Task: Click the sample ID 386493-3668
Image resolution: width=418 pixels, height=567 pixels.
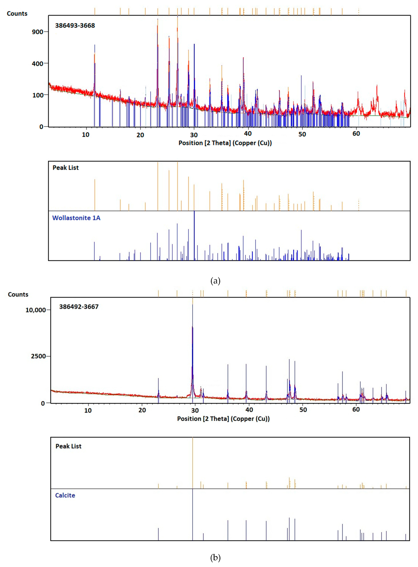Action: click(x=75, y=26)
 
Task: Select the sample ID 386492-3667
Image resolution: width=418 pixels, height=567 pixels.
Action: click(x=79, y=307)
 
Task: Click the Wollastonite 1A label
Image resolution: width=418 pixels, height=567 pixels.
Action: click(x=76, y=218)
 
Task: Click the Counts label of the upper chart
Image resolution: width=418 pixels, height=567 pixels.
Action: click(x=17, y=13)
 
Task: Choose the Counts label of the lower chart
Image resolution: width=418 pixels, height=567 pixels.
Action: click(x=18, y=294)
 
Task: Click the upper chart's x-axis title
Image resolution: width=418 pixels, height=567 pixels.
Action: click(x=225, y=143)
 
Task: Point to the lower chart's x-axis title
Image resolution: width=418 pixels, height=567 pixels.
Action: click(x=223, y=419)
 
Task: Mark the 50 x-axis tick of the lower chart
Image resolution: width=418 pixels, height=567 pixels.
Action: click(x=303, y=410)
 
